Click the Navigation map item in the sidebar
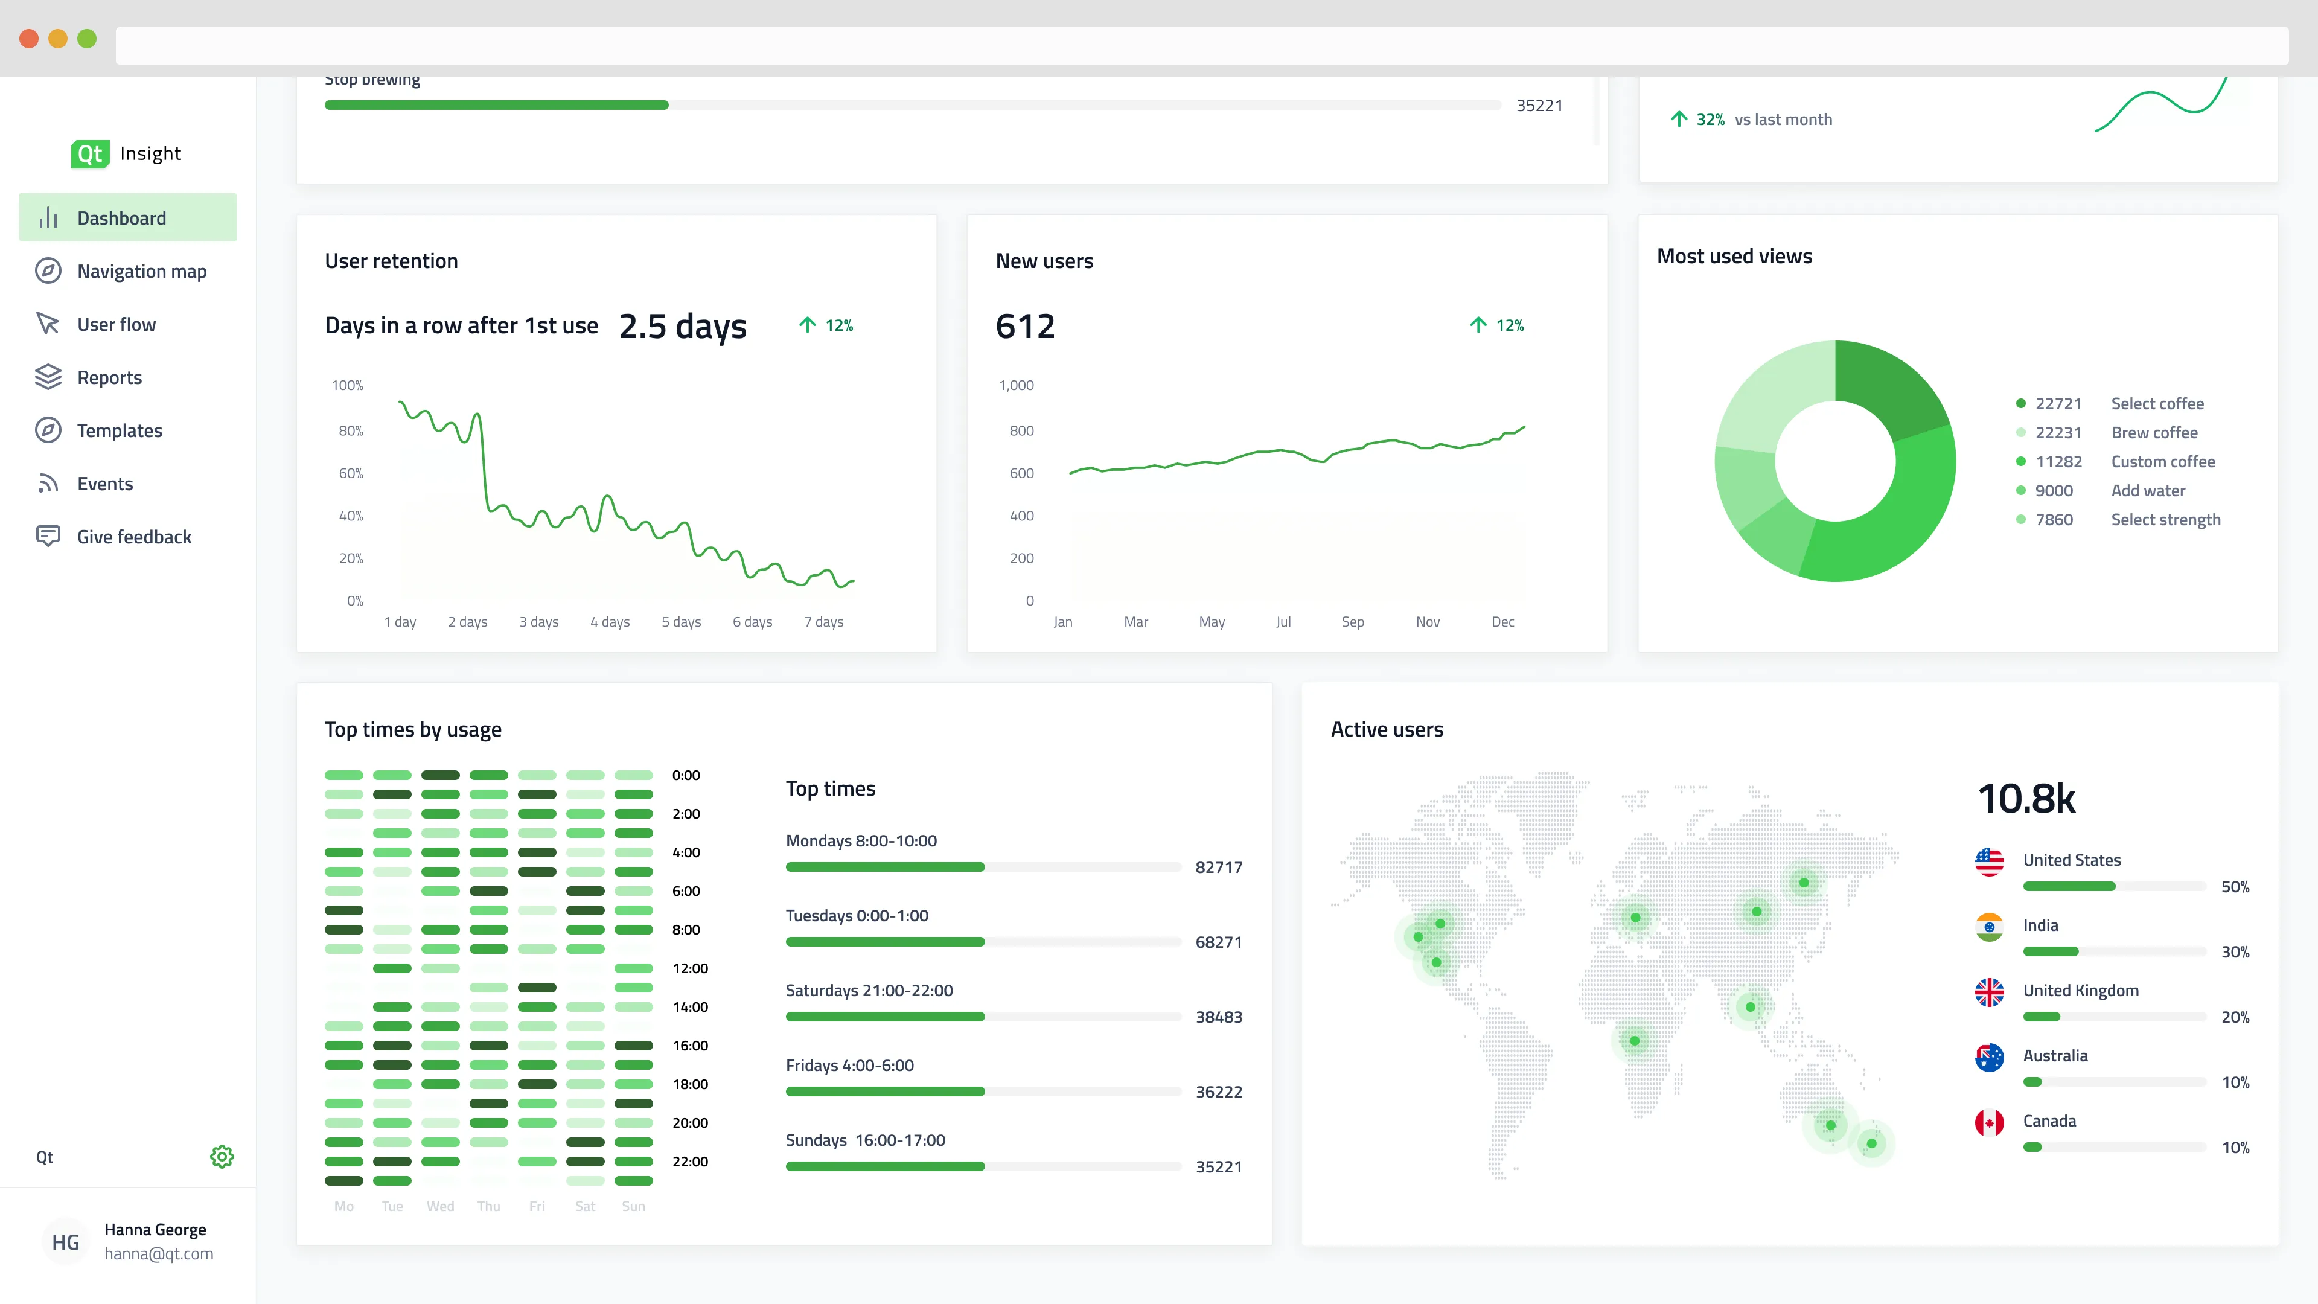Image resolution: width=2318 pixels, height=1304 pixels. pyautogui.click(x=141, y=271)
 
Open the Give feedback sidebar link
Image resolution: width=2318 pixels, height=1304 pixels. pyautogui.click(x=134, y=536)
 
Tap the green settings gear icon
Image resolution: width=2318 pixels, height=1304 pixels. pyautogui.click(x=222, y=1157)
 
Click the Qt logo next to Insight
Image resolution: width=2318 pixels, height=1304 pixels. pyautogui.click(x=90, y=154)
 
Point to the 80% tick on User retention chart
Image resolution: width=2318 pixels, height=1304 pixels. pyautogui.click(x=350, y=430)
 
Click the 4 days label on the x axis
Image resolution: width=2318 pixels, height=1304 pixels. pyautogui.click(x=610, y=622)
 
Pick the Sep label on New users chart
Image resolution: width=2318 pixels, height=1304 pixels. pyautogui.click(x=1352, y=622)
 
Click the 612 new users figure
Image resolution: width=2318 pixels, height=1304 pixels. pyautogui.click(x=1025, y=326)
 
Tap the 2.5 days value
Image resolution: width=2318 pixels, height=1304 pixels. pyautogui.click(x=682, y=326)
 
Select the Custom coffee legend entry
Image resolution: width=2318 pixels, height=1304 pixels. pyautogui.click(x=2162, y=462)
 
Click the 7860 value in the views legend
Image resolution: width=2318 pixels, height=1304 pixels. pyautogui.click(x=2054, y=519)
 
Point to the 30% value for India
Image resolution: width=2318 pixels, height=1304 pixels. pyautogui.click(x=2234, y=952)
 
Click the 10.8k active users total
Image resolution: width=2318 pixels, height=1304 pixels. pyautogui.click(x=2026, y=798)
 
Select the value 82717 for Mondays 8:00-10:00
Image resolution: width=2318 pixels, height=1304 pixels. pyautogui.click(x=1218, y=868)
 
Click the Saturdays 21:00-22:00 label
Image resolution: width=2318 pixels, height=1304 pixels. pyautogui.click(x=869, y=990)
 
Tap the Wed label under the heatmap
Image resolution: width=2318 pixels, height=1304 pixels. pyautogui.click(x=440, y=1206)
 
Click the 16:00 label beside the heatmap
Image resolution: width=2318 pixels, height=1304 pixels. pyautogui.click(x=690, y=1046)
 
